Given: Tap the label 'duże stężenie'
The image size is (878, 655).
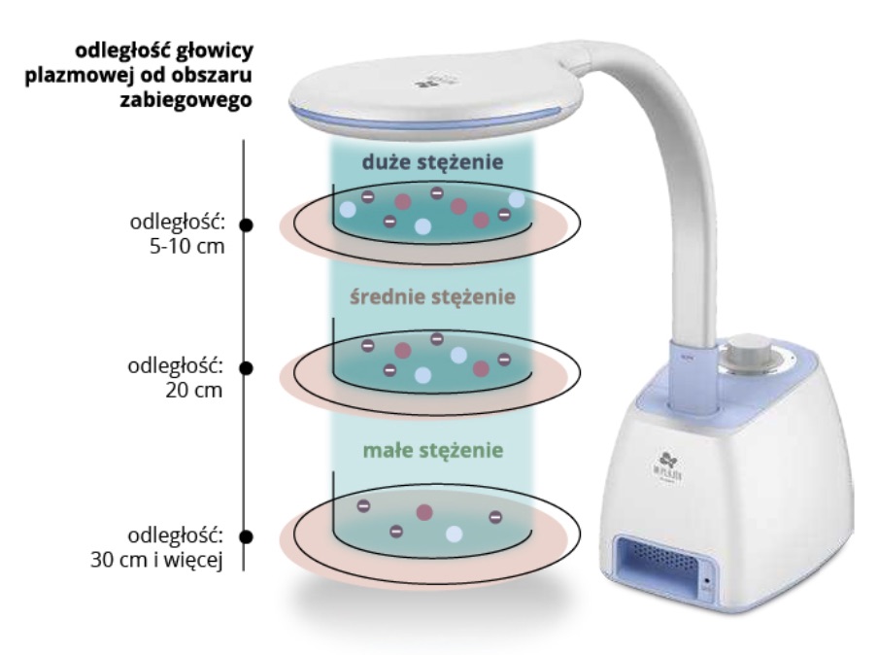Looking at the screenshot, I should point(432,163).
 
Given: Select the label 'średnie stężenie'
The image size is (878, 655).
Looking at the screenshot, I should point(432,295).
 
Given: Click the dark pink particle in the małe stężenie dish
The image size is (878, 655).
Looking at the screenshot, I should point(423,512).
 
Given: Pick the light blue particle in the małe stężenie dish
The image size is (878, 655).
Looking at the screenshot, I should point(453,534).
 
